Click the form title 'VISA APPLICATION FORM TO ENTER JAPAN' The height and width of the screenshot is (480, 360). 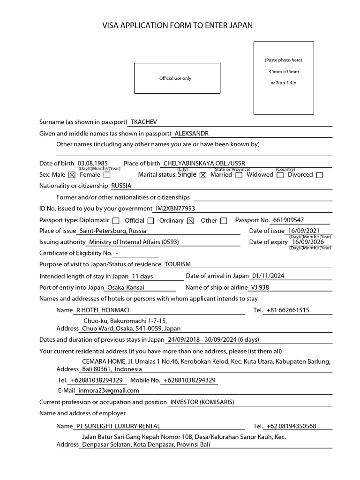tap(177, 26)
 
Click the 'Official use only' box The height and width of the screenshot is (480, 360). tap(177, 78)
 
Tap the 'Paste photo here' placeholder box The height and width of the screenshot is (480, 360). tap(284, 78)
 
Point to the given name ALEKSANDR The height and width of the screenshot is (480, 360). tap(191, 134)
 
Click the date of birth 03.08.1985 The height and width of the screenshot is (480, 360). tap(93, 163)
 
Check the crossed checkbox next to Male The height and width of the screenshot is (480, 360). tap(72, 175)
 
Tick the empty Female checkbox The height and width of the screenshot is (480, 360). tap(107, 175)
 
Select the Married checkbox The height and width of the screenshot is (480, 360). tap(239, 175)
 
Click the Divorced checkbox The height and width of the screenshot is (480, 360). tap(320, 175)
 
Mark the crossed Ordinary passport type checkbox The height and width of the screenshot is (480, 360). tap(190, 221)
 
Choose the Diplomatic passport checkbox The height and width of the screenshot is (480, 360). tap(116, 221)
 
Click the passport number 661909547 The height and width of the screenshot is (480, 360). tap(288, 220)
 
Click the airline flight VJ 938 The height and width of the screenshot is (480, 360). tap(260, 287)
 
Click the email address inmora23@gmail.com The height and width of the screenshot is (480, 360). tap(108, 390)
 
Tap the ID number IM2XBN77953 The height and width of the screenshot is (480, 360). tap(175, 208)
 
